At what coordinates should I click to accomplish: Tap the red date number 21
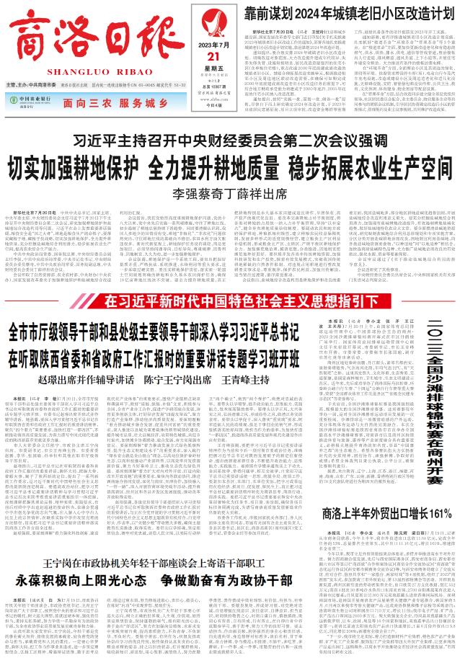211,56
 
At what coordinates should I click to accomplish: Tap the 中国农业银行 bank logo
31,100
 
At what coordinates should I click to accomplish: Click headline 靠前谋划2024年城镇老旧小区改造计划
344,12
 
